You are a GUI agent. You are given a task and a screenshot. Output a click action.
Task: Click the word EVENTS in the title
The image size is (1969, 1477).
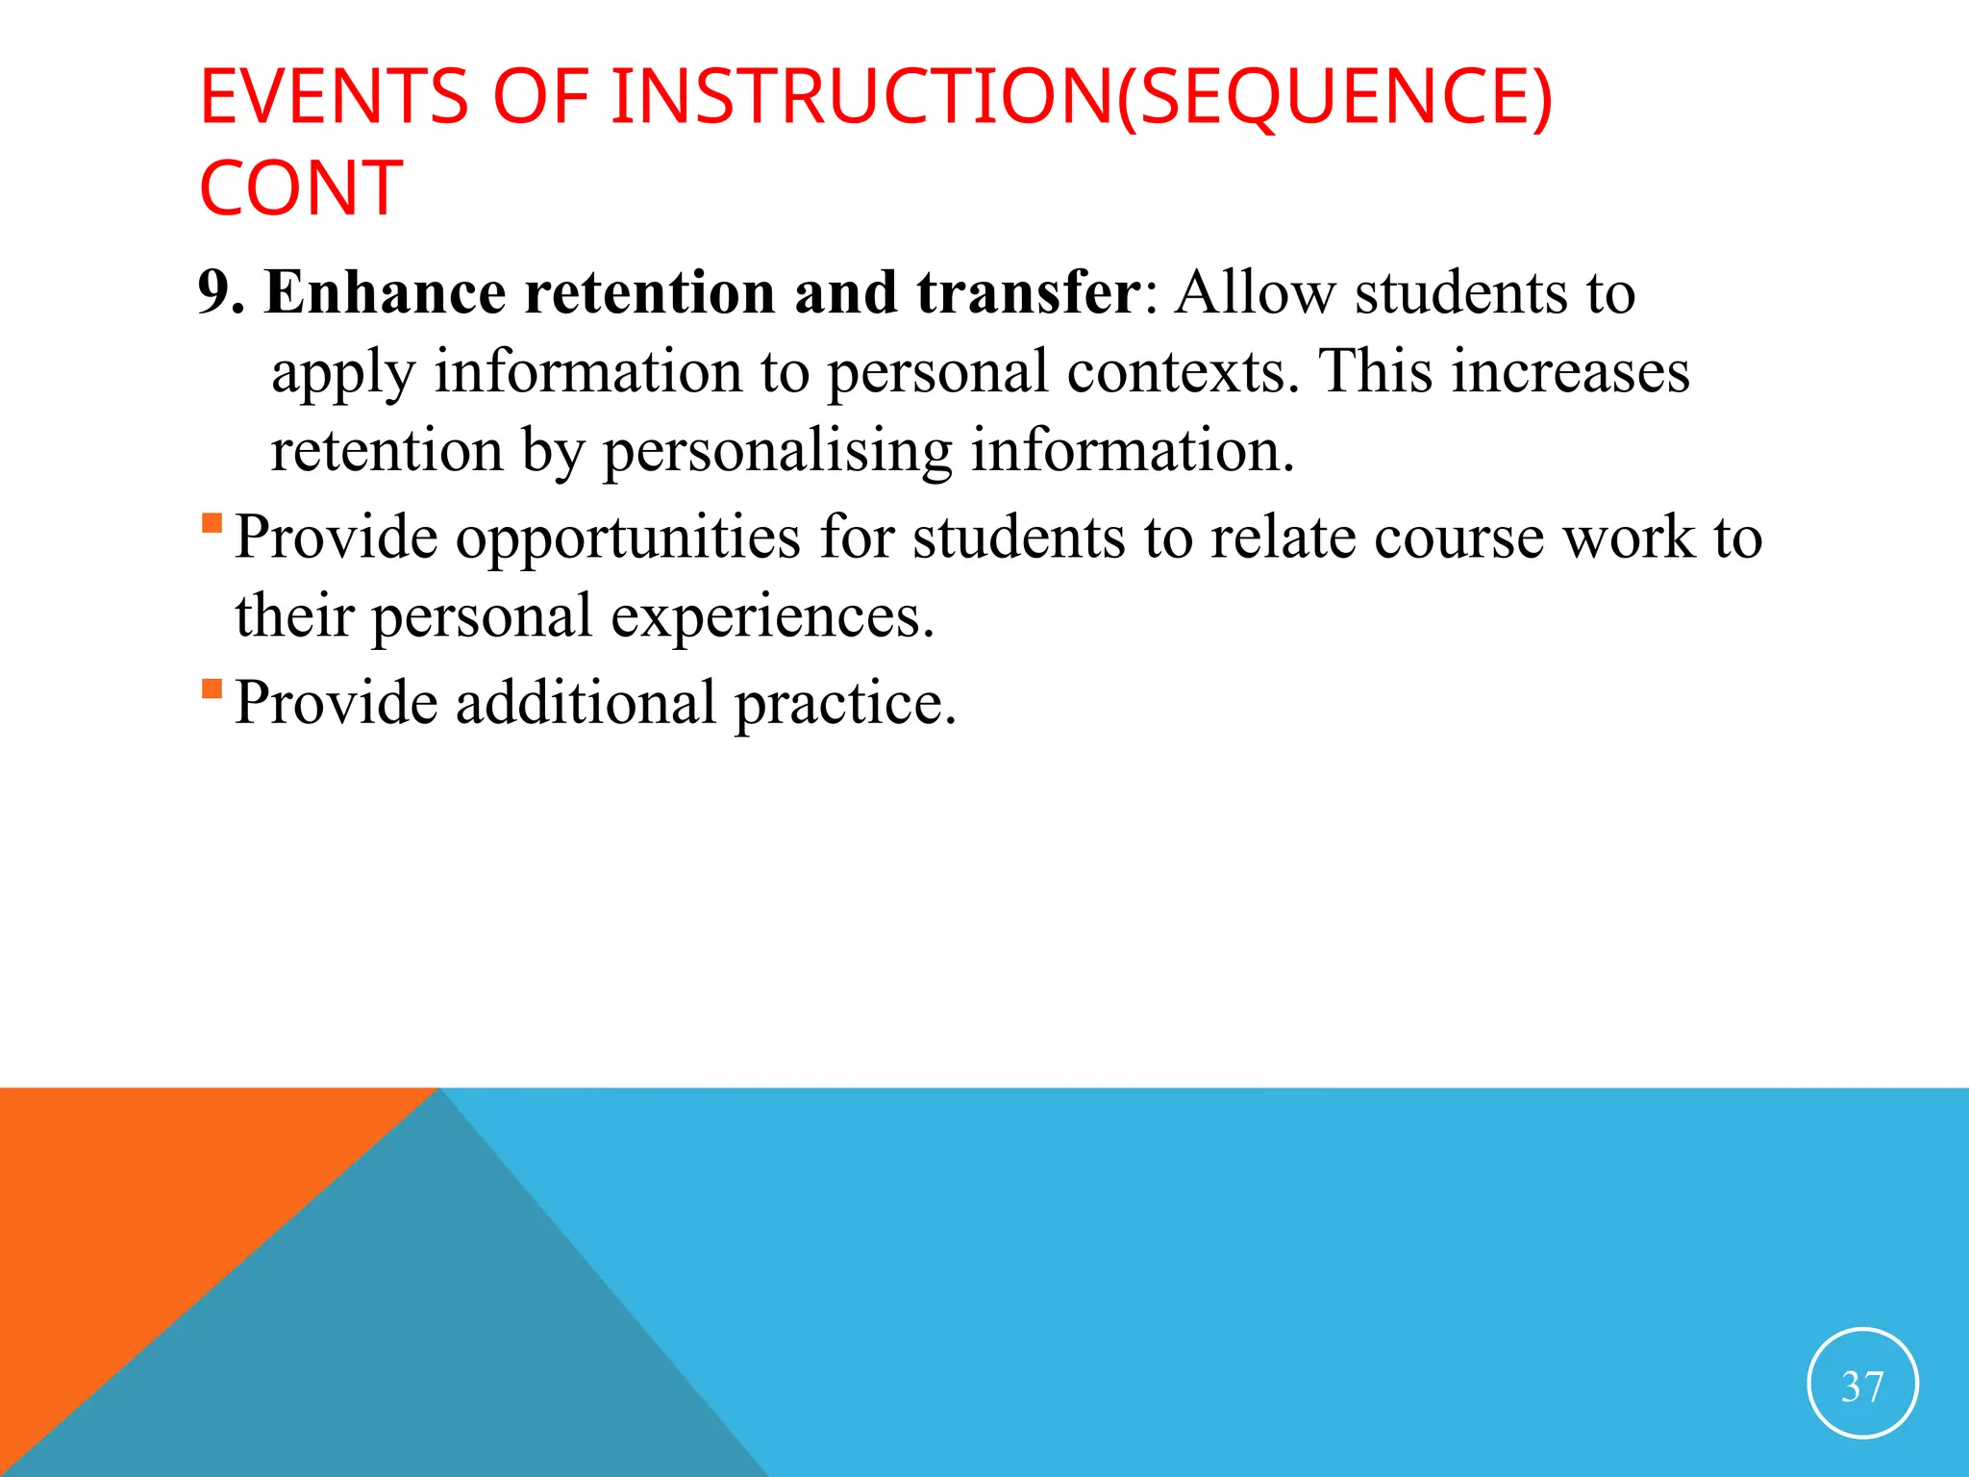pos(334,97)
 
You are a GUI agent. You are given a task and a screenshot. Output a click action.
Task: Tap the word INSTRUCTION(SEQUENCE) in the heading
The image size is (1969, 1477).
pos(1082,97)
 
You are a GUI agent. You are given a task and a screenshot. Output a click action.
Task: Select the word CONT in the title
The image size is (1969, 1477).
pos(301,188)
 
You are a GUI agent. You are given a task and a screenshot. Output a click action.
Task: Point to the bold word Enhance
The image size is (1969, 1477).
pos(385,292)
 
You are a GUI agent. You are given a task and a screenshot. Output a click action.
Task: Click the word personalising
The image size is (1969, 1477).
pos(777,450)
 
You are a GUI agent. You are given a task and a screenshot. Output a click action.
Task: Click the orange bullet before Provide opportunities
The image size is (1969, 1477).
pos(212,524)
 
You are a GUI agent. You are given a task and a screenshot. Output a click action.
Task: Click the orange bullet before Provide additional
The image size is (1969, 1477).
pos(212,689)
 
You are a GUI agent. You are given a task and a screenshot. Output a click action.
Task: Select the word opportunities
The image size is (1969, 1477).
pos(627,538)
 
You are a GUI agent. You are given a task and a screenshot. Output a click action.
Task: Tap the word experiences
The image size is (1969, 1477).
pos(772,616)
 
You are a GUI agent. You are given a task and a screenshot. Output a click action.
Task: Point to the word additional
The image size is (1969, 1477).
pos(586,703)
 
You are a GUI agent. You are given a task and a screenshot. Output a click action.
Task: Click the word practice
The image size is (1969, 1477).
pos(845,703)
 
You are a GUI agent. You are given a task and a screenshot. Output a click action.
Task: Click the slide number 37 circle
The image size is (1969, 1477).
pos(1862,1383)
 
